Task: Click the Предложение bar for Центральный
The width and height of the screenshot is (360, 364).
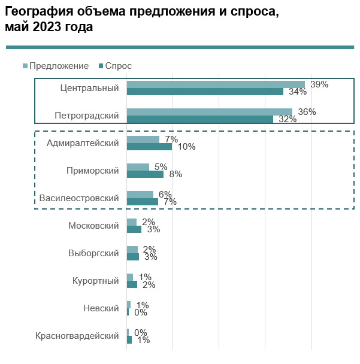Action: tap(216, 85)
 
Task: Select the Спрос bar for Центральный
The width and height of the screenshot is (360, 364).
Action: tap(205, 92)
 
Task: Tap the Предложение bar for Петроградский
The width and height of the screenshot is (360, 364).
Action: tap(209, 112)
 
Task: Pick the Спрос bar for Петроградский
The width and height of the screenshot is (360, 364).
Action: tap(200, 119)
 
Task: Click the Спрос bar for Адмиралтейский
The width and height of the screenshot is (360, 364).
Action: tap(149, 147)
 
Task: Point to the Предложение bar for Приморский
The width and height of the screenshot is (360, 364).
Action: tap(138, 167)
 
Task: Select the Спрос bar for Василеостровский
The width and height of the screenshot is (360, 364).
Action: tap(143, 202)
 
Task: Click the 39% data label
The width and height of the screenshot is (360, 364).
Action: tap(319, 84)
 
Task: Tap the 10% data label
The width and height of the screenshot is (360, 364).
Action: tap(186, 147)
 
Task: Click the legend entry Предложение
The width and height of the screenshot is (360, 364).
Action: tap(59, 66)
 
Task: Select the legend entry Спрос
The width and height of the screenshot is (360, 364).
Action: tap(118, 66)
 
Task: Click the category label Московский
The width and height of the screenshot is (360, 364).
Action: tap(93, 226)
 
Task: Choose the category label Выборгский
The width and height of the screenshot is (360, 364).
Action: tap(93, 253)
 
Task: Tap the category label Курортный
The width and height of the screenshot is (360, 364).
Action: tap(96, 281)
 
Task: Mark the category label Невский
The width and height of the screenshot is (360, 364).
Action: tap(101, 308)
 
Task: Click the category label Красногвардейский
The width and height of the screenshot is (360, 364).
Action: tap(77, 336)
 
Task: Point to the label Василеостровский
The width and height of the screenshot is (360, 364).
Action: tap(79, 198)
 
